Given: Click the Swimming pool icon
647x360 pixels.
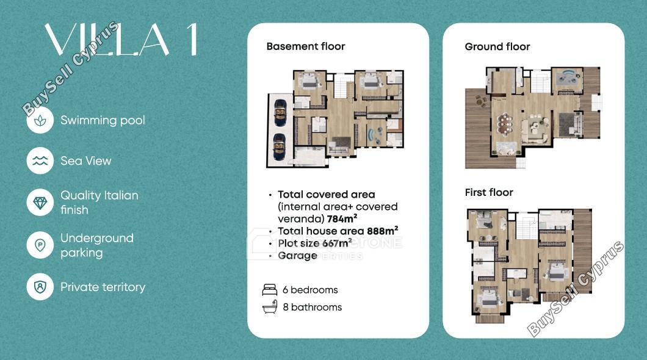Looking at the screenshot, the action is pos(40,120).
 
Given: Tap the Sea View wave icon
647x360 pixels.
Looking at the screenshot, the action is pos(40,161).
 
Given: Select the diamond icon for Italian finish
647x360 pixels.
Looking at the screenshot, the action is pos(40,203).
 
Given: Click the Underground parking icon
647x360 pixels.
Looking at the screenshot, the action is pos(40,245).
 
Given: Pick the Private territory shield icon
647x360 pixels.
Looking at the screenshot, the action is pos(40,287).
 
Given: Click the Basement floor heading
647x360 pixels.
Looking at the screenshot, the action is pos(306,46).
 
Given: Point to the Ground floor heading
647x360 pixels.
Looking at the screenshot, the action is pos(497,47).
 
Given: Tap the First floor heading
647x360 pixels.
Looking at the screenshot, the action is pos(489,193).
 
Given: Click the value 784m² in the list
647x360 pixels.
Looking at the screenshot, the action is pos(342,218).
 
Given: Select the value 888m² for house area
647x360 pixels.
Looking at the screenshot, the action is pos(383,231).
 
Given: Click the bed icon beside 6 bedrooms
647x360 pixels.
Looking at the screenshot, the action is pos(270,290).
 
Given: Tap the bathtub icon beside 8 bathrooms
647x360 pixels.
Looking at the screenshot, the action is pos(270,307).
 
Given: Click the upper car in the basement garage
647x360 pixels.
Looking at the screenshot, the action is pos(280,113).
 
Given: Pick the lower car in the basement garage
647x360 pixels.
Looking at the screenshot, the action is pos(280,147).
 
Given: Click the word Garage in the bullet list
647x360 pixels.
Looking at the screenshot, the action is pos(297,256).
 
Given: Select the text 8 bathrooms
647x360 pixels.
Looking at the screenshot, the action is pos(313,307).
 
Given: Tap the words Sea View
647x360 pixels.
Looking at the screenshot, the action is pos(86,161).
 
